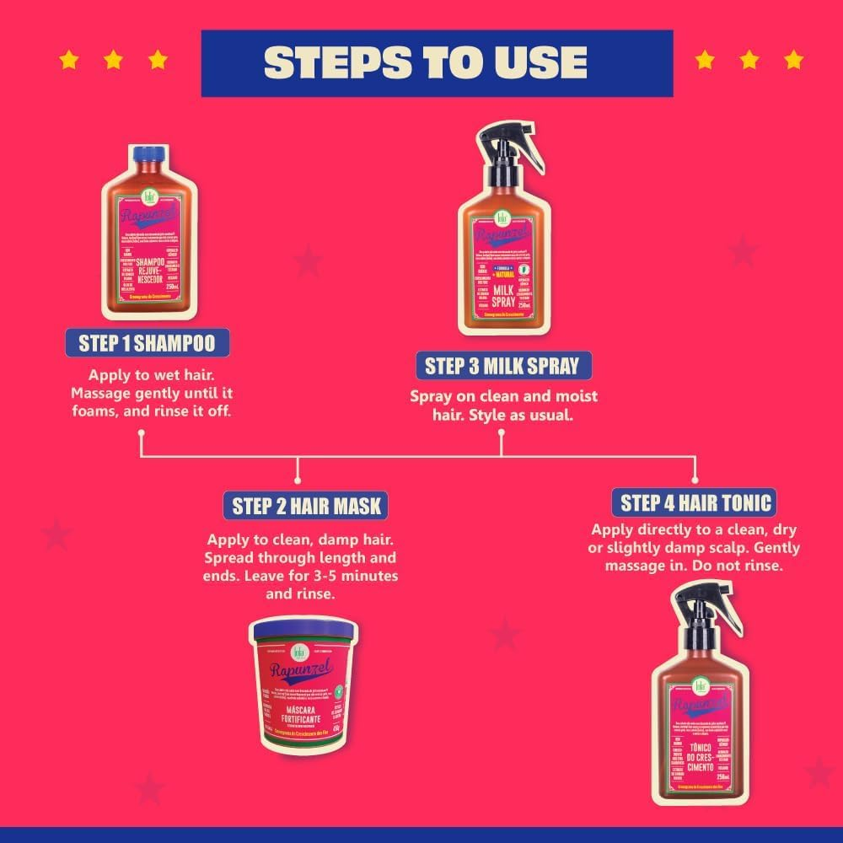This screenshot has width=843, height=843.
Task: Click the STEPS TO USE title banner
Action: [437, 62]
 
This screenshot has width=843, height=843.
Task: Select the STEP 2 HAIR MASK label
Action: [306, 506]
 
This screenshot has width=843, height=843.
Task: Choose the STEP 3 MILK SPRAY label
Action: [502, 366]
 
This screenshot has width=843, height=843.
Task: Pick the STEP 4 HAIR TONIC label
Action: [695, 503]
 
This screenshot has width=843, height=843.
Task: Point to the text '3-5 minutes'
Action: [357, 576]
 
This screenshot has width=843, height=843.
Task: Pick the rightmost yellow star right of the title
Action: [793, 60]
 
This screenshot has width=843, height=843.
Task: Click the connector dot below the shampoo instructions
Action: [141, 434]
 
